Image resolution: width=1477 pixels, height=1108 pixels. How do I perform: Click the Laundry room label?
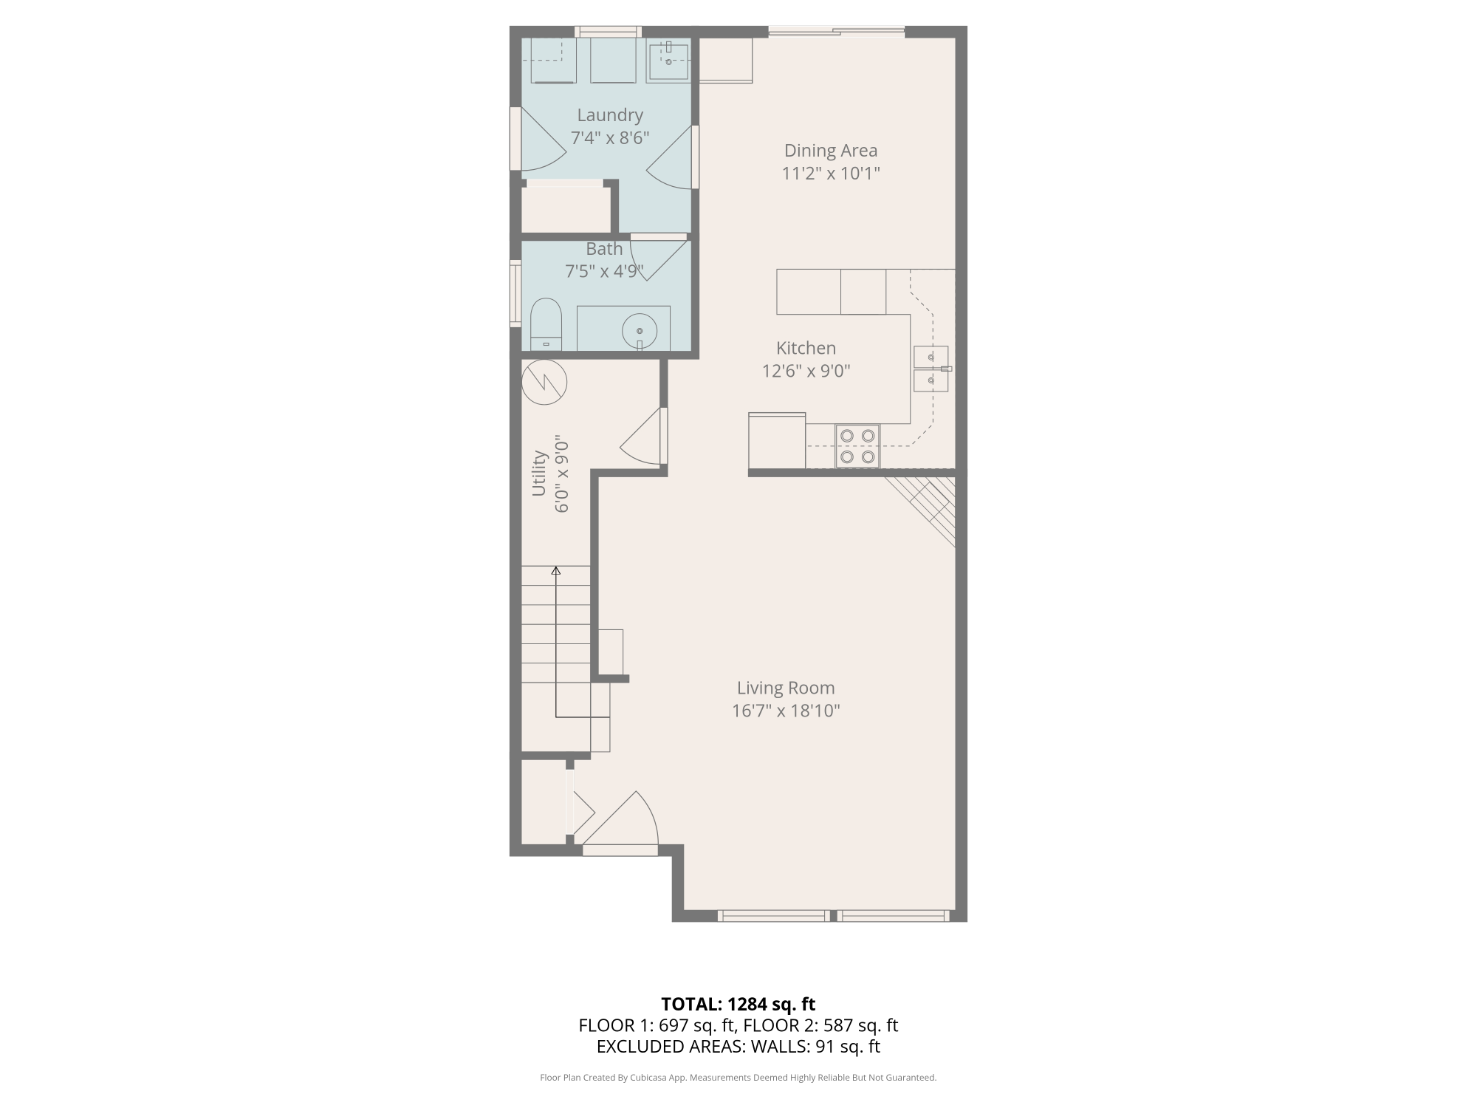pos(610,115)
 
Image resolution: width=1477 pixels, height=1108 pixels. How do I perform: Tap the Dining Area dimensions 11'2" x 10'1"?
pos(831,174)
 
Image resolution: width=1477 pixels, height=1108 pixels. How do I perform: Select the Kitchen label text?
pos(806,348)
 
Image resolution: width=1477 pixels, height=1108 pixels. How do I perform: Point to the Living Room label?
pos(786,688)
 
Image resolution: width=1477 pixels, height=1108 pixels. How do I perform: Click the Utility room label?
pos(539,473)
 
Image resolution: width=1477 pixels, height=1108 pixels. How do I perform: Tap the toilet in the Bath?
pos(546,324)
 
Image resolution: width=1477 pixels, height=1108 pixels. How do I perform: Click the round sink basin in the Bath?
pos(640,332)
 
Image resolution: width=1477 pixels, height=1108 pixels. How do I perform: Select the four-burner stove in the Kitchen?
pos(857,446)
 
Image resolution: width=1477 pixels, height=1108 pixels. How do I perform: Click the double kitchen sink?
pos(932,369)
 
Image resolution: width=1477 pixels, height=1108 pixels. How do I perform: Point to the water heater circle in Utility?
pos(544,382)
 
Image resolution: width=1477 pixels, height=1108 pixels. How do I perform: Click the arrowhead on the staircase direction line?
pos(556,570)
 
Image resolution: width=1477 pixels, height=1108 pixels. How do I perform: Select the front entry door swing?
pos(620,818)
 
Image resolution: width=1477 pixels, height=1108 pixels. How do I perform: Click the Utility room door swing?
pos(641,437)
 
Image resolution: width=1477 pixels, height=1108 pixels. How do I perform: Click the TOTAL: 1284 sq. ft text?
pos(738,1005)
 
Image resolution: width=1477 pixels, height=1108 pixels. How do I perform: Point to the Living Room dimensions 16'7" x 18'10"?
pos(786,711)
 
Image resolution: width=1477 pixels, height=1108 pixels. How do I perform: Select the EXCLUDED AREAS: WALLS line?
pos(738,1047)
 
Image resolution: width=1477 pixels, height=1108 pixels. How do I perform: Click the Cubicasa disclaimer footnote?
pos(738,1078)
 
